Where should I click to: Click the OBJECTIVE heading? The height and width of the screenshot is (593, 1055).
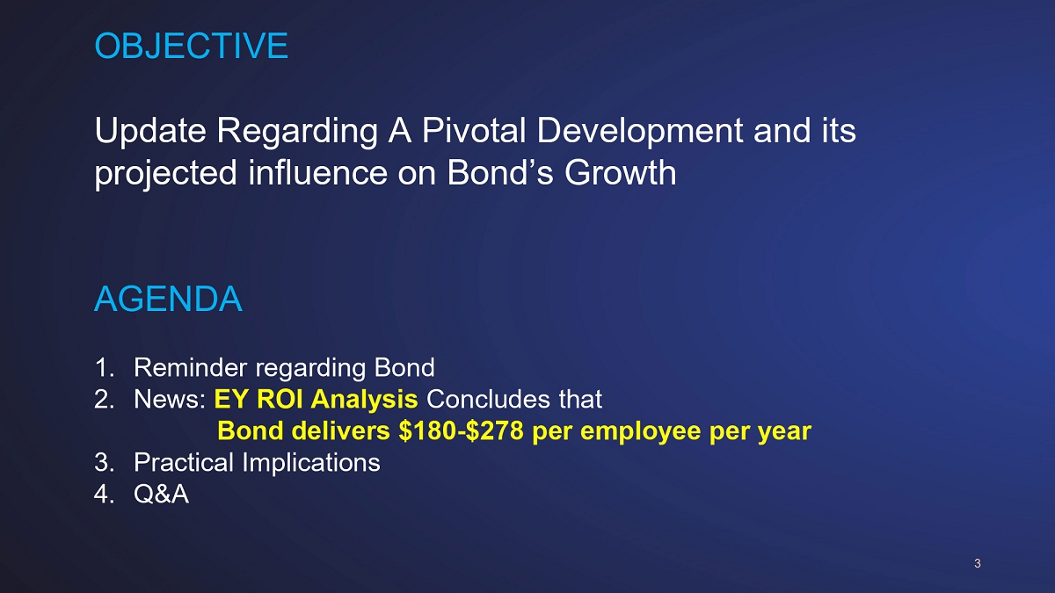pos(192,46)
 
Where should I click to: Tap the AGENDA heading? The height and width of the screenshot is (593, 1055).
pos(168,299)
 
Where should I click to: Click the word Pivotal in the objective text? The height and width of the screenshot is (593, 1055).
pos(473,130)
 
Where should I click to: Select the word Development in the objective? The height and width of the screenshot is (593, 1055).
pos(640,132)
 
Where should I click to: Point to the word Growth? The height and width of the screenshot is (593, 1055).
pos(621,173)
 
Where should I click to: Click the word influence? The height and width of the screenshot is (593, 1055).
pos(317,173)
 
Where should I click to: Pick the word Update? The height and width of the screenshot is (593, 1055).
pos(150,132)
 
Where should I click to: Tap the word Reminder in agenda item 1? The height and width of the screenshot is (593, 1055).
pos(190,367)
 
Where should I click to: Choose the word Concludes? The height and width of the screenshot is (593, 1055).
pos(488,399)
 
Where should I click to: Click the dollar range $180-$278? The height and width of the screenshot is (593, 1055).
pos(461,430)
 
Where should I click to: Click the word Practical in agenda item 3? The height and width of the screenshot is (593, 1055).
pos(184,462)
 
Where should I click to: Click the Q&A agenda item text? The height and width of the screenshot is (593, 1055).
pos(162,494)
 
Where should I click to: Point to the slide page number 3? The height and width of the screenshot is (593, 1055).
pos(978,563)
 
